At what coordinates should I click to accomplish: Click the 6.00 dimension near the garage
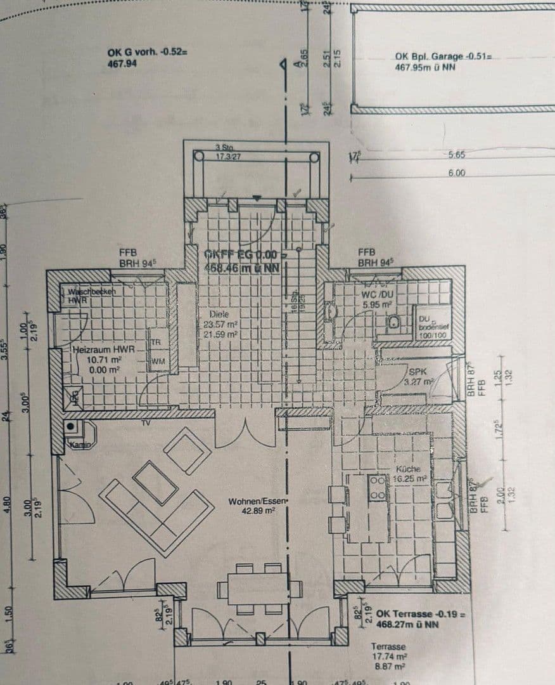(x=456, y=173)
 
